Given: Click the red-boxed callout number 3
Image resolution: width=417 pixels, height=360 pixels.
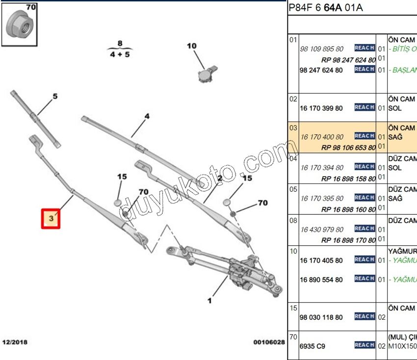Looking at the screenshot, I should (51, 218).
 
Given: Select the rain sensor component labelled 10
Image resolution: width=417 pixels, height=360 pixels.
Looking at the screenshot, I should (207, 73).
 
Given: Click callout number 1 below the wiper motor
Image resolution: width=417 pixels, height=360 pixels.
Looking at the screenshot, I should (209, 300).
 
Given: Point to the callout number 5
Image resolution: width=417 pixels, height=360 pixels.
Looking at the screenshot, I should (55, 97).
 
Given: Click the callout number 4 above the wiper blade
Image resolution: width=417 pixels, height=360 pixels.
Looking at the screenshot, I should (146, 117).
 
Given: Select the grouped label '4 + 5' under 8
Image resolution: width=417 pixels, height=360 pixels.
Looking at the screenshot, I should (120, 54).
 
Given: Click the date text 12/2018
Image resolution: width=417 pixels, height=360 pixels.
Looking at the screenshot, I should (15, 341).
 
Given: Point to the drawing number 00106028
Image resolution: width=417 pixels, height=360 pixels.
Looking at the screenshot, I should (268, 342).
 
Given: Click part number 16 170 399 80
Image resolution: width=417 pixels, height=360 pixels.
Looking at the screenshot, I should (321, 108).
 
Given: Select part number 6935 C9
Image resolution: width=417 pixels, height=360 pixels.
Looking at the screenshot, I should (313, 346).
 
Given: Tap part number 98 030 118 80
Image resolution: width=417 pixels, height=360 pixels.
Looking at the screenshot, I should (321, 317).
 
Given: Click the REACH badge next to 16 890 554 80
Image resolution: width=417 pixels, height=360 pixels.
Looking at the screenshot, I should (365, 279).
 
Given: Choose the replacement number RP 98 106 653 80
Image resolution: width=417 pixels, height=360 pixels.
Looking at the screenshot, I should (348, 147).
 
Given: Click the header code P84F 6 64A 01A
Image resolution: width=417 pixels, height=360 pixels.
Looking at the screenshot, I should (325, 8).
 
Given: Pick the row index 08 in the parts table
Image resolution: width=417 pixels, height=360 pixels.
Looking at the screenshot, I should (293, 221).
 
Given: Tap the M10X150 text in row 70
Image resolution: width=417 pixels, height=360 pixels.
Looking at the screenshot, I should (402, 347).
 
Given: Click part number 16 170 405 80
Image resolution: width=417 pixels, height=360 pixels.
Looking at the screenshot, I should (321, 260).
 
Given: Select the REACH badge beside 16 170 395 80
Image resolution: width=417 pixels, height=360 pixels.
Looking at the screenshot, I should (365, 198).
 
